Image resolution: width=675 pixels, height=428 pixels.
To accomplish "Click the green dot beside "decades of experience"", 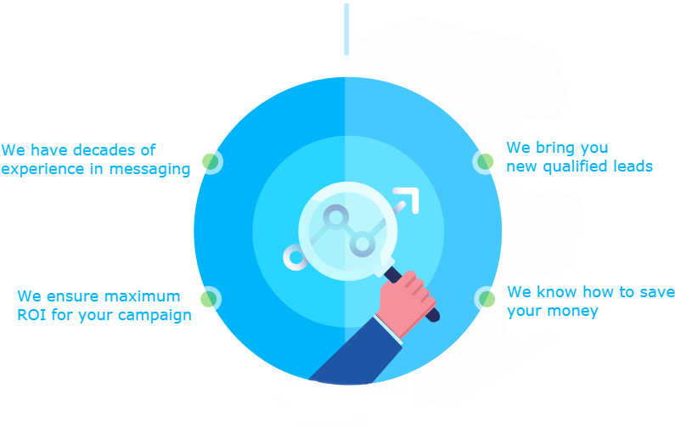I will (210, 160).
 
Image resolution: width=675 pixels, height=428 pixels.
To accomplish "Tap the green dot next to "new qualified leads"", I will (485, 161).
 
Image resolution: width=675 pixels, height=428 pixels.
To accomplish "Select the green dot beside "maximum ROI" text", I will (208, 299).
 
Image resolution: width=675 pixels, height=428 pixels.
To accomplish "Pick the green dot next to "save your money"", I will (487, 298).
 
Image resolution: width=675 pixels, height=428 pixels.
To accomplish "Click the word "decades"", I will (103, 150).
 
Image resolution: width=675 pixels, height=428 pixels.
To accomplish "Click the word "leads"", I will (633, 166).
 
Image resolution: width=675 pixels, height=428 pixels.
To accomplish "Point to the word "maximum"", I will (142, 296).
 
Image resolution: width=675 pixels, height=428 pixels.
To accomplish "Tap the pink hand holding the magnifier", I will (406, 301).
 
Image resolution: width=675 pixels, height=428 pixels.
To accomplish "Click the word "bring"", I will (554, 148).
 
